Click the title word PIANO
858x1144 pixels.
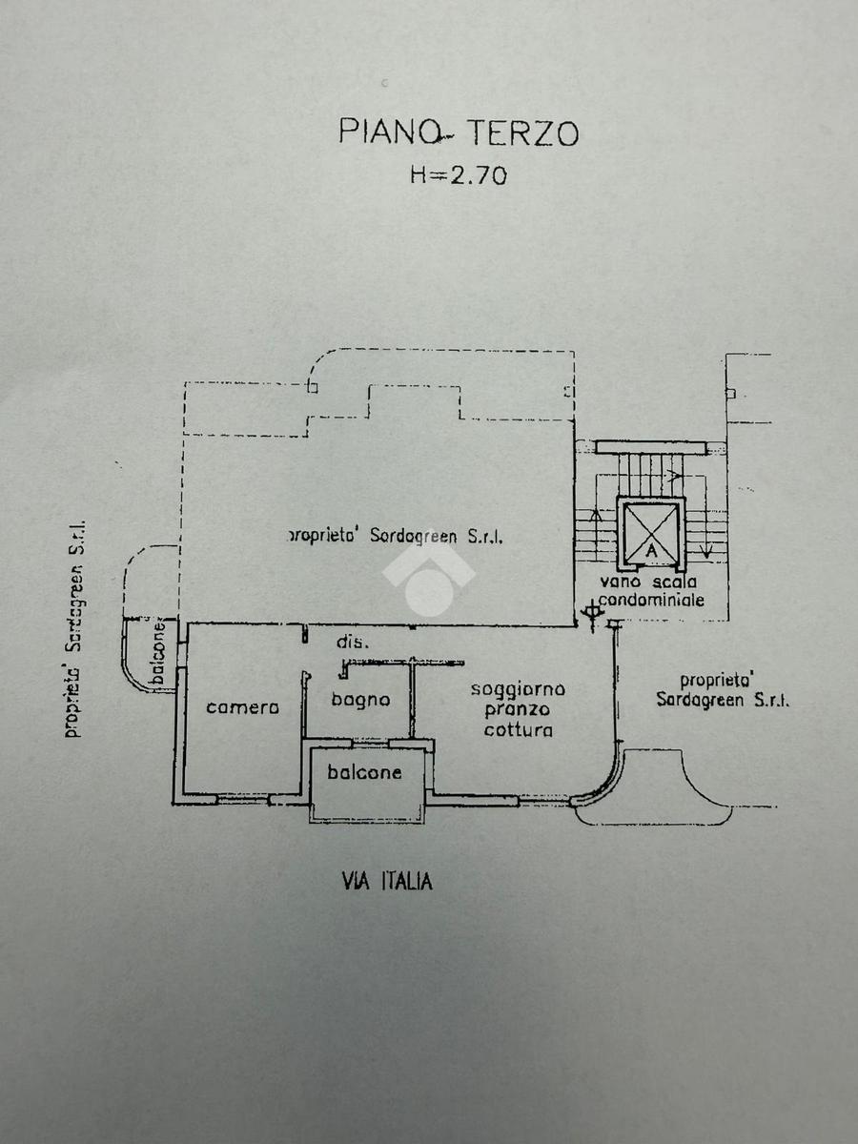tap(388, 132)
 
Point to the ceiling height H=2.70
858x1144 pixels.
tap(459, 175)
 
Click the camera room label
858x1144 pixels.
tap(243, 707)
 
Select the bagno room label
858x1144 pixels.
tap(360, 700)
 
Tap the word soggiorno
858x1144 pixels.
tap(518, 689)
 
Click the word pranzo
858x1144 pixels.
tap(518, 709)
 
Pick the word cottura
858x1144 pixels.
tap(519, 729)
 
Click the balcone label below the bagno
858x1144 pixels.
tap(364, 772)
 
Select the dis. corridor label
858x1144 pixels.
tap(352, 643)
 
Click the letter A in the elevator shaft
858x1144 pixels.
tap(651, 550)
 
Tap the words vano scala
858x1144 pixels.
tap(648, 582)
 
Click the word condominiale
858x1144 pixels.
tap(651, 600)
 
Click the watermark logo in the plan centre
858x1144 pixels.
tap(428, 582)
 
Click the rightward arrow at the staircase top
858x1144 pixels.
tap(675, 476)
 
